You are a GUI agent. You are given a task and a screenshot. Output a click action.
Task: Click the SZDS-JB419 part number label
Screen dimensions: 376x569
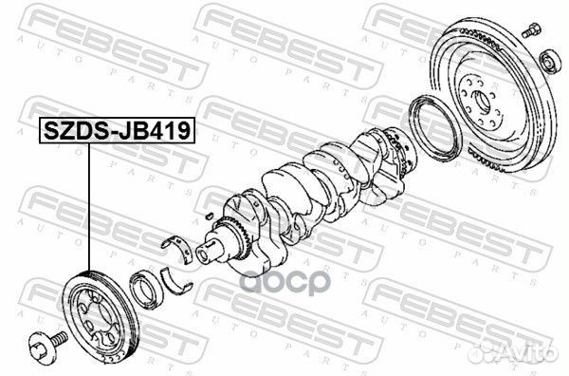[114, 131]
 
